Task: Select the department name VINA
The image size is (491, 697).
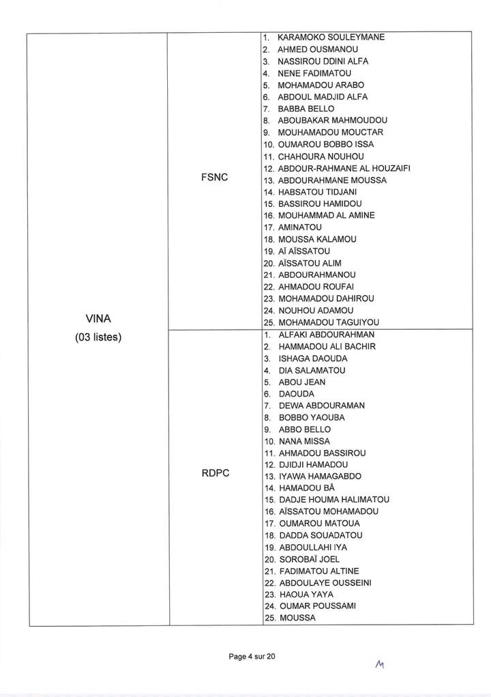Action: (x=98, y=318)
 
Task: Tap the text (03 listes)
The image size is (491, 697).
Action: (x=98, y=337)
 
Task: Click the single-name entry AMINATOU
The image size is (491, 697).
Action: (x=300, y=227)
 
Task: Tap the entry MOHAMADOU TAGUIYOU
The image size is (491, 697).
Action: (x=328, y=322)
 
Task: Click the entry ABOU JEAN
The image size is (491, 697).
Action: (x=301, y=382)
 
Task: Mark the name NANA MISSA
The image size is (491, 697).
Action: (x=304, y=441)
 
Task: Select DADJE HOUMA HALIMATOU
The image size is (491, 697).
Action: (x=329, y=500)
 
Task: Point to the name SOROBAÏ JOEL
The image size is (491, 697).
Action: (x=309, y=558)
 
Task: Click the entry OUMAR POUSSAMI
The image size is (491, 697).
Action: (x=314, y=606)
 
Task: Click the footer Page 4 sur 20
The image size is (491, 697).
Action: (x=252, y=656)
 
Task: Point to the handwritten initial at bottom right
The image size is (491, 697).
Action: (x=381, y=664)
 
